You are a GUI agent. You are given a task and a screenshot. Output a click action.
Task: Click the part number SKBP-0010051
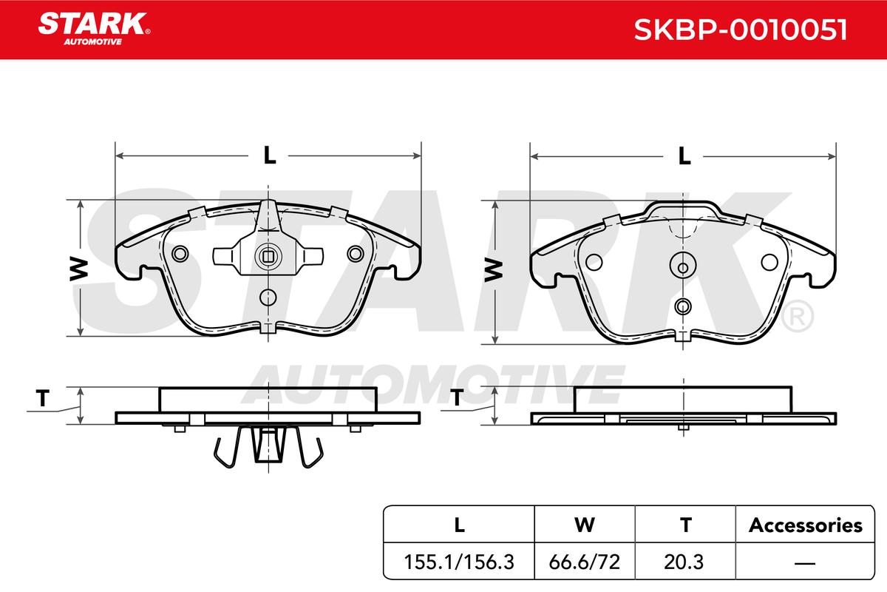[740, 30]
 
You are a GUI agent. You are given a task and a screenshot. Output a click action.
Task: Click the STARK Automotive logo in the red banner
[94, 29]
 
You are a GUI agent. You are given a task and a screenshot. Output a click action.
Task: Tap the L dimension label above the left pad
[269, 155]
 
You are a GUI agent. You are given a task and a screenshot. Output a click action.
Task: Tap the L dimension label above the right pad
[684, 156]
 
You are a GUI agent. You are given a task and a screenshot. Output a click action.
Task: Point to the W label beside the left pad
[79, 269]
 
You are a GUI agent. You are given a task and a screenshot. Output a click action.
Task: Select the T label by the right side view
[457, 397]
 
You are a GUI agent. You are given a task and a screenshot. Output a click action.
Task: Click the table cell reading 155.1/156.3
[459, 562]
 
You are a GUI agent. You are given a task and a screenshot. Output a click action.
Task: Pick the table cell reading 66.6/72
[584, 562]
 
